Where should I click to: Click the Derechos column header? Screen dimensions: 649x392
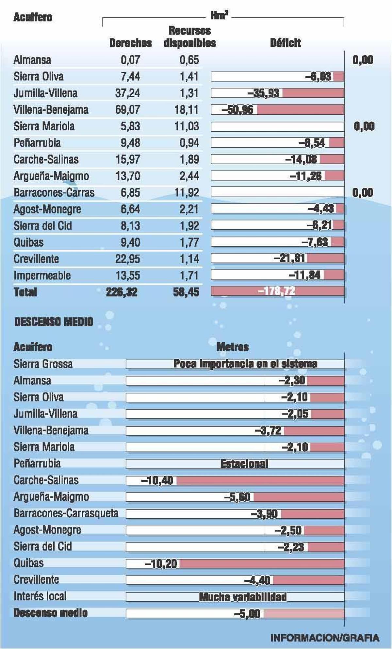[x=130, y=43]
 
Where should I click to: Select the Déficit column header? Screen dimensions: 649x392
[x=285, y=43]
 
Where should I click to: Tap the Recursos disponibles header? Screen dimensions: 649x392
[x=189, y=37]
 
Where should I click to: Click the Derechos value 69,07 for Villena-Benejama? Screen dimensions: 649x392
[x=127, y=109]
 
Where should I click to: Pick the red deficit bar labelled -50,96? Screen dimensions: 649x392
[x=300, y=110]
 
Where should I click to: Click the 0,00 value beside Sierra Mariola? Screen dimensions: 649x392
[x=364, y=126]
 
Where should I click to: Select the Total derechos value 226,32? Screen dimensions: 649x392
[x=122, y=292]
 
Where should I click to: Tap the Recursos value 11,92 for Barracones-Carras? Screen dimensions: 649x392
[x=187, y=192]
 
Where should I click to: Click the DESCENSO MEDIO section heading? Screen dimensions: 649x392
[x=54, y=322]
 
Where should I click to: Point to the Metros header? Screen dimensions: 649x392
[x=233, y=347]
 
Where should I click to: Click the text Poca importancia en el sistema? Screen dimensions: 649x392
[x=245, y=364]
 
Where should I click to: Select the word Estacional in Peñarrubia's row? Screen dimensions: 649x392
[x=244, y=464]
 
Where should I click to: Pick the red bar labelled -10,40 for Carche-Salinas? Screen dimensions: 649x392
[x=260, y=480]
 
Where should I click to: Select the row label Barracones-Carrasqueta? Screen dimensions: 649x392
[x=66, y=513]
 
